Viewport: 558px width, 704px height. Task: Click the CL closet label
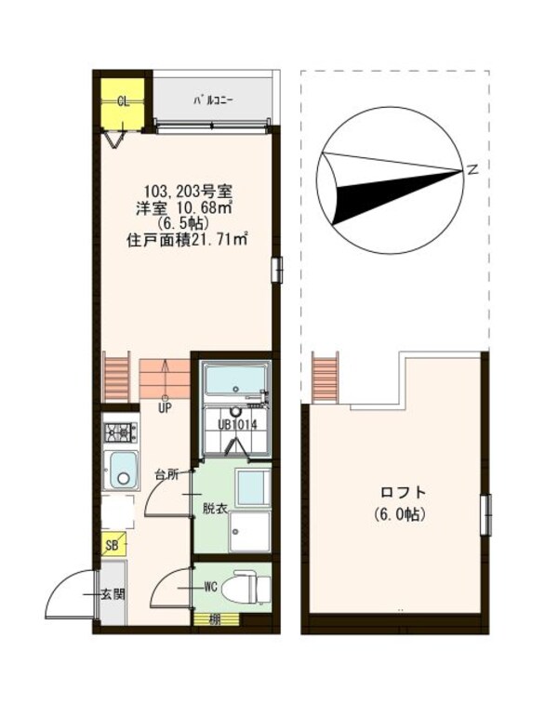[x=123, y=101]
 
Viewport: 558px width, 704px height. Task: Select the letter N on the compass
[x=472, y=169]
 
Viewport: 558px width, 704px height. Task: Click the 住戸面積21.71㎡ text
[x=186, y=239]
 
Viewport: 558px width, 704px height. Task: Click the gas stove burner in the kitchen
[x=121, y=432]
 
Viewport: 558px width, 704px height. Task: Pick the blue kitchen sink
[x=121, y=470]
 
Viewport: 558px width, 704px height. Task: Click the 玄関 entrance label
[x=113, y=593]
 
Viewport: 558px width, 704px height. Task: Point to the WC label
[x=211, y=587]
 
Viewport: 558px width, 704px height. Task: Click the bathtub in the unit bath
[x=234, y=381]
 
